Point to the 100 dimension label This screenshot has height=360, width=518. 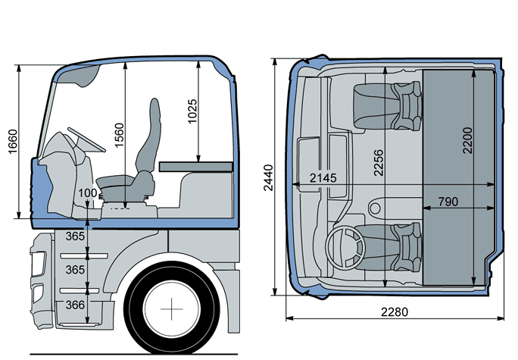tap(88, 193)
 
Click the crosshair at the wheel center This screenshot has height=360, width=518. tap(176, 310)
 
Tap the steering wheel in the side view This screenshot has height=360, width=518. tap(83, 139)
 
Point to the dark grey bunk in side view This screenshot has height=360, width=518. tap(195, 164)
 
